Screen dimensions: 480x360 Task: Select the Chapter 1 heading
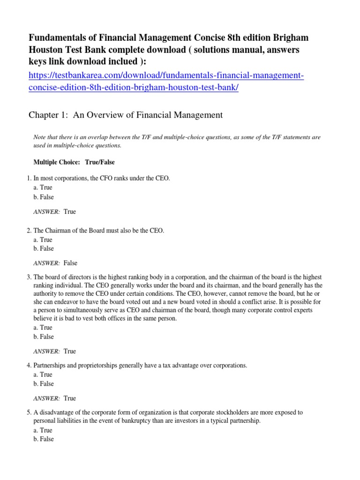coord(126,115)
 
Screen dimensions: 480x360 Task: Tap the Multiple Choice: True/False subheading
coord(74,162)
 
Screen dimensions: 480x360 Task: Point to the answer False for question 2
coord(70,263)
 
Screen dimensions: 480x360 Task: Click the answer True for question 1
coord(69,211)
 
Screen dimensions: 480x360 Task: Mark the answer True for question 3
coord(69,351)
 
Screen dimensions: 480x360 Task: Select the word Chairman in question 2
coord(59,231)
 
